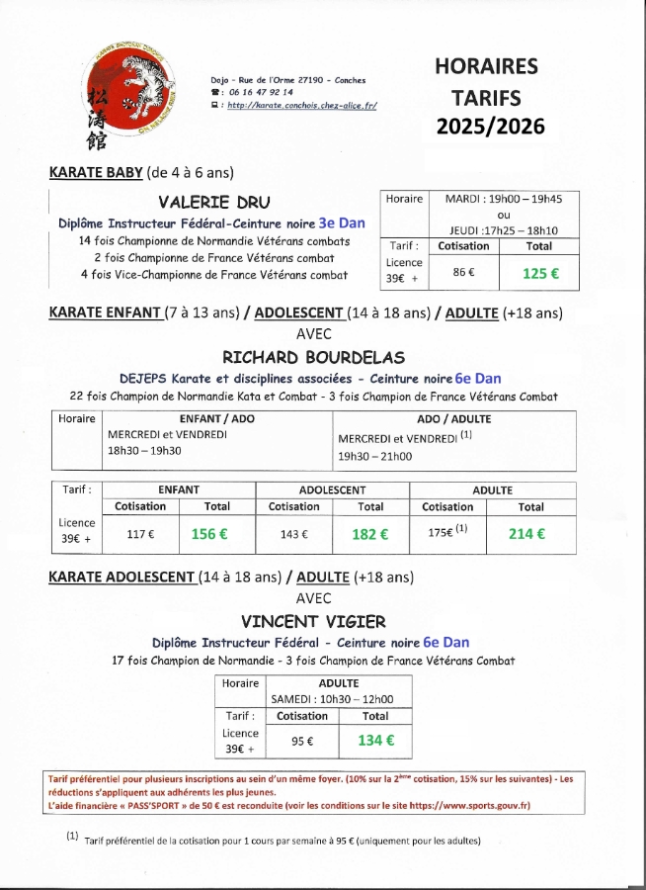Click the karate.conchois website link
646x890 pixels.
pyautogui.click(x=301, y=104)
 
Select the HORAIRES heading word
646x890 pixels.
pyautogui.click(x=487, y=66)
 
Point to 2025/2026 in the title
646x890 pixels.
pyautogui.click(x=491, y=128)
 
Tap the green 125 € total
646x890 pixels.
pyautogui.click(x=540, y=274)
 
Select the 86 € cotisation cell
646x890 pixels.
pyautogui.click(x=463, y=272)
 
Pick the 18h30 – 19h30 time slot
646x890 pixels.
pyautogui.click(x=144, y=450)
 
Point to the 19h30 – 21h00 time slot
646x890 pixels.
pyautogui.click(x=375, y=457)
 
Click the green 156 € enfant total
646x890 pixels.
pyautogui.click(x=209, y=534)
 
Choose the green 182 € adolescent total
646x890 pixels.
pyautogui.click(x=370, y=534)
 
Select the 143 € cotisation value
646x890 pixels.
pyautogui.click(x=293, y=534)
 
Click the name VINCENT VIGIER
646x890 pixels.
pyautogui.click(x=313, y=621)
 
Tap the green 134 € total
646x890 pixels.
pyautogui.click(x=375, y=740)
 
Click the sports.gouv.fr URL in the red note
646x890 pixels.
pyautogui.click(x=470, y=806)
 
